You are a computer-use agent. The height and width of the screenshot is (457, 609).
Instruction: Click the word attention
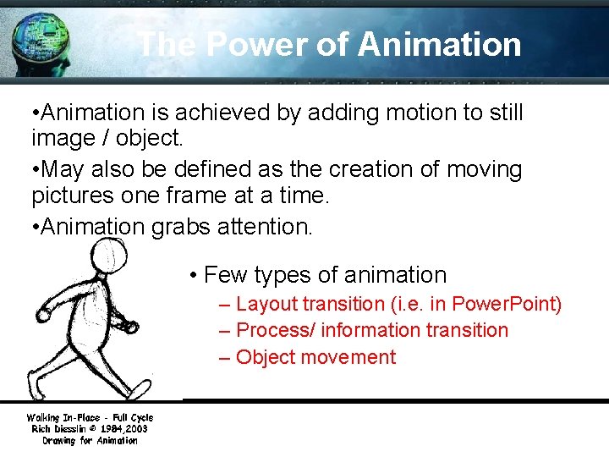[x=270, y=226]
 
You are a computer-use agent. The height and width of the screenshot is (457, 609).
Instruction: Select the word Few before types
[x=226, y=275]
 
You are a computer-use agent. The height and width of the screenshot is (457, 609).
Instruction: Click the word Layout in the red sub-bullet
[x=267, y=304]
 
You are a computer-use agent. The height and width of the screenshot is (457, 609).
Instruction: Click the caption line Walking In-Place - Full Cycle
[x=90, y=417]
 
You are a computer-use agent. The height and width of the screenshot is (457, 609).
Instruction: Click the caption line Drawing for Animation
[x=90, y=441]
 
